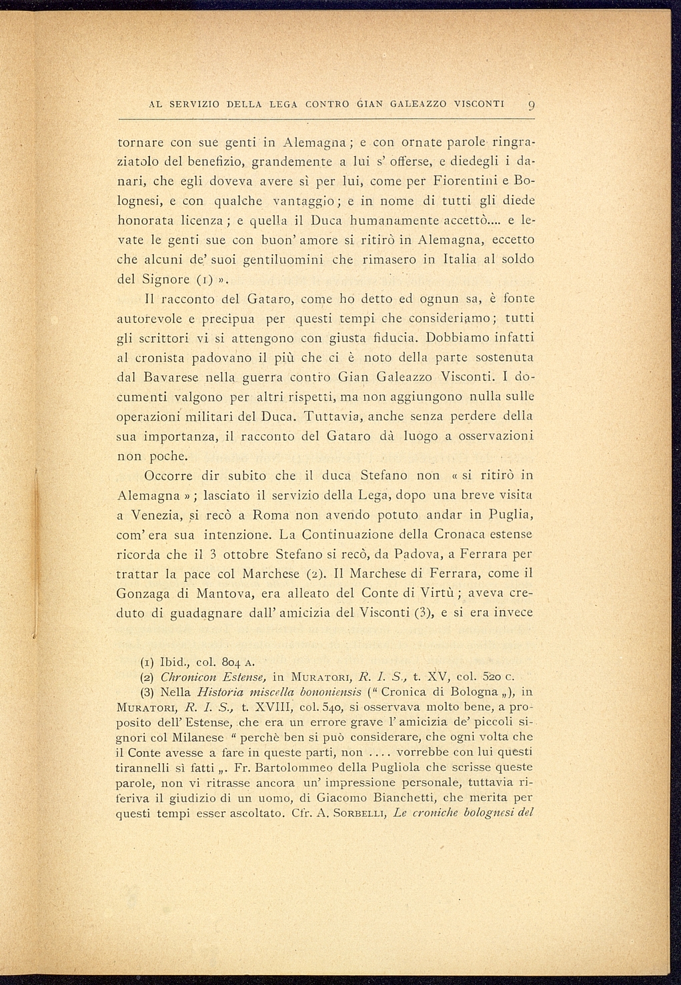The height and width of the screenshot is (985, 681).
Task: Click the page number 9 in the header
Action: coord(530,105)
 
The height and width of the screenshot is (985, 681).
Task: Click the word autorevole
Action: coord(151,317)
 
